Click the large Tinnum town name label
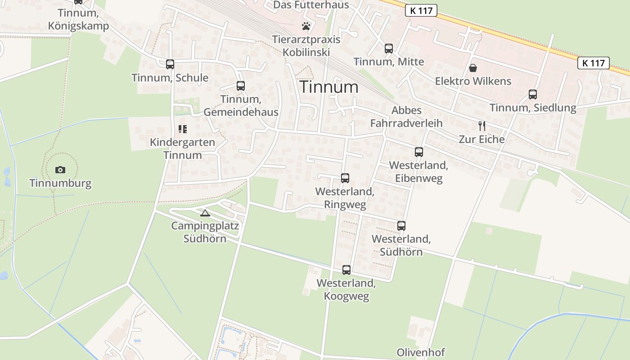(x=329, y=87)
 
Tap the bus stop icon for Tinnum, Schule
(x=170, y=64)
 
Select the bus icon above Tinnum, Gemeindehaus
(x=241, y=85)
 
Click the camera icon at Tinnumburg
(x=60, y=170)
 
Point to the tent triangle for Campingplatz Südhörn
(x=205, y=213)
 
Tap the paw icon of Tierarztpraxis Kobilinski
(x=306, y=26)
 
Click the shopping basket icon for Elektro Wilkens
(x=473, y=68)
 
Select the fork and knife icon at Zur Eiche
(x=481, y=126)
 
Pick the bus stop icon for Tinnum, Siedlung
(x=533, y=94)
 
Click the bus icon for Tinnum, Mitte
(x=389, y=49)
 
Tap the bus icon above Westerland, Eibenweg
(x=419, y=152)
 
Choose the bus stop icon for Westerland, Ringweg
(x=345, y=178)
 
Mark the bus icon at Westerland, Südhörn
(x=401, y=225)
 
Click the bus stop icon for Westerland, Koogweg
(x=346, y=270)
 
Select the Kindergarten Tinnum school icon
(x=183, y=129)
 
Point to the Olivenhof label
(x=421, y=352)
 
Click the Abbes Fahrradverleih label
(x=406, y=117)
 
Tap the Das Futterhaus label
(x=311, y=5)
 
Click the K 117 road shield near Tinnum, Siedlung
(x=594, y=63)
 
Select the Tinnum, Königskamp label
(x=83, y=19)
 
